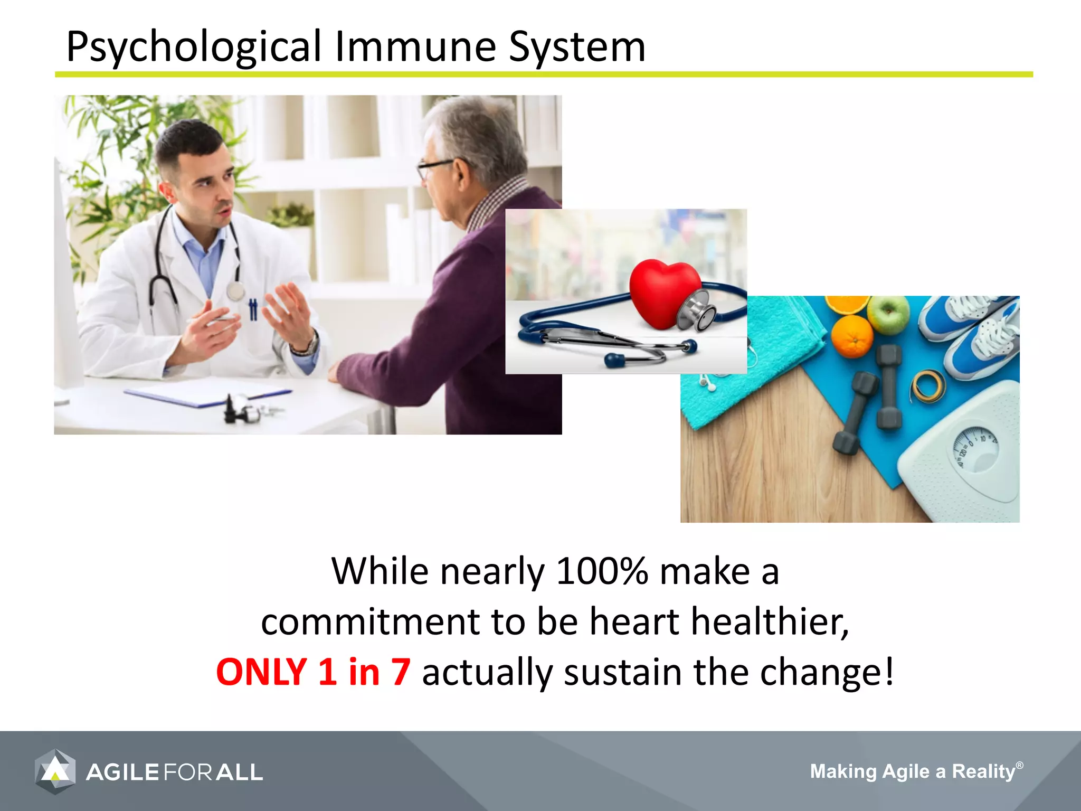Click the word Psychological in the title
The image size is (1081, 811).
pyautogui.click(x=193, y=48)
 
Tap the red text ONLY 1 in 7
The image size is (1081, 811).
pyautogui.click(x=313, y=672)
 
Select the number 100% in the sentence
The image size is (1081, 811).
pyautogui.click(x=602, y=571)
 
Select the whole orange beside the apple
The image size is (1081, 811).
pyautogui.click(x=852, y=336)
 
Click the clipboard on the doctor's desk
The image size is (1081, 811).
pyautogui.click(x=206, y=394)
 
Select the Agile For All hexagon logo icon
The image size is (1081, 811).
pyautogui.click(x=55, y=771)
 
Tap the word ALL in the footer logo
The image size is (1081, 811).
pyautogui.click(x=240, y=772)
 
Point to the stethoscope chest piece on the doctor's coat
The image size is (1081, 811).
pyautogui.click(x=235, y=291)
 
